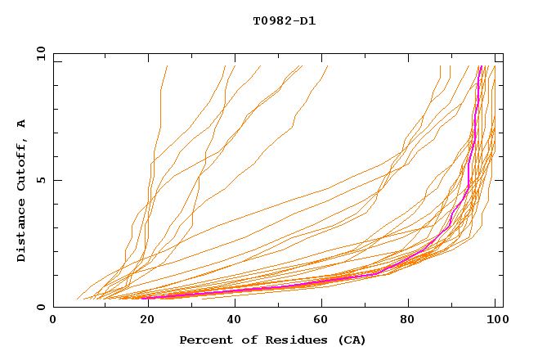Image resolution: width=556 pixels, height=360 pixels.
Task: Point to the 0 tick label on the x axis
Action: pos(53,322)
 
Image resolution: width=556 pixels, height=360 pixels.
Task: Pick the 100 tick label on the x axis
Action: pos(496,322)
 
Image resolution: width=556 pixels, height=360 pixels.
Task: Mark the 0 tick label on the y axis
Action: pos(40,308)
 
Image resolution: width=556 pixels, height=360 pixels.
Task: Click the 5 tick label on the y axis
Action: pos(40,180)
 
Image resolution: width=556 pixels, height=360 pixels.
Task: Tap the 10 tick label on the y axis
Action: pos(38,53)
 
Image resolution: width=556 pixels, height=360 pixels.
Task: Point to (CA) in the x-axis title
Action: pos(350,340)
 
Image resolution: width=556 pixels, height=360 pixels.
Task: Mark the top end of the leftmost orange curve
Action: pos(167,66)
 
